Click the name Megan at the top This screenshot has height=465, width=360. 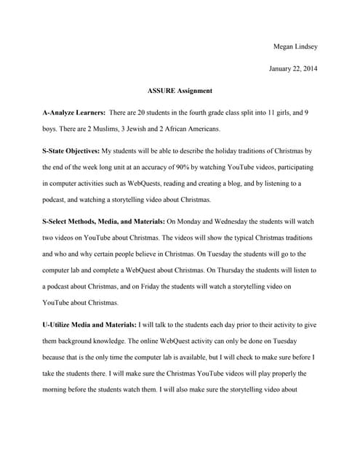(x=284, y=47)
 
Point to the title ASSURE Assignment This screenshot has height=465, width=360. (x=180, y=91)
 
